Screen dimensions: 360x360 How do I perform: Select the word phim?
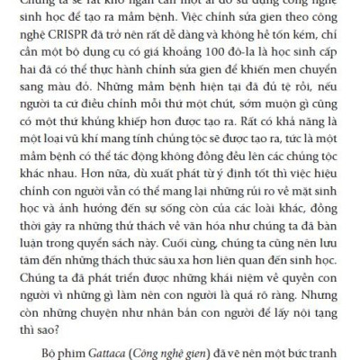pos(65,346)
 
